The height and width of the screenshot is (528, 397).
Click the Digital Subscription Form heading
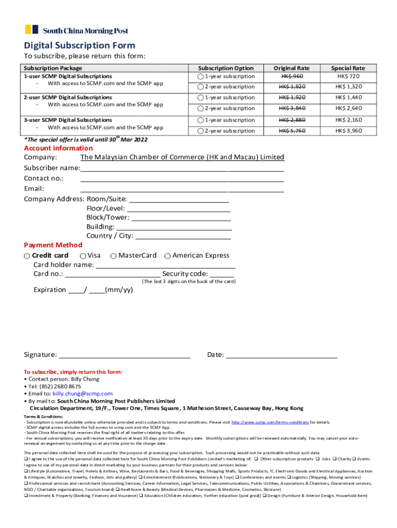pos(79,45)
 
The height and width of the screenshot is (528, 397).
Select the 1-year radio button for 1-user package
pos(201,76)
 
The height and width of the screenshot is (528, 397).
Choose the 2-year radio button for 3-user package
pos(201,131)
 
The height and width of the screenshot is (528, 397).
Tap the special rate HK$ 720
pos(348,76)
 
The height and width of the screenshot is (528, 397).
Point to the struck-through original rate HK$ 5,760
pos(292,131)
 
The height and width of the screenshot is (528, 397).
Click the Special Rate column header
pos(348,68)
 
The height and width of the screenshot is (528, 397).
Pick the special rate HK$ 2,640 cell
pos(348,108)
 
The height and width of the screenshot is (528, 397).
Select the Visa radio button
pos(83,256)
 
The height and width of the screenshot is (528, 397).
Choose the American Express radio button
pos(168,256)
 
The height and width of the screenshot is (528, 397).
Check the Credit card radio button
pos(27,256)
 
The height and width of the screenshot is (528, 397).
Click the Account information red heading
pos(58,148)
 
